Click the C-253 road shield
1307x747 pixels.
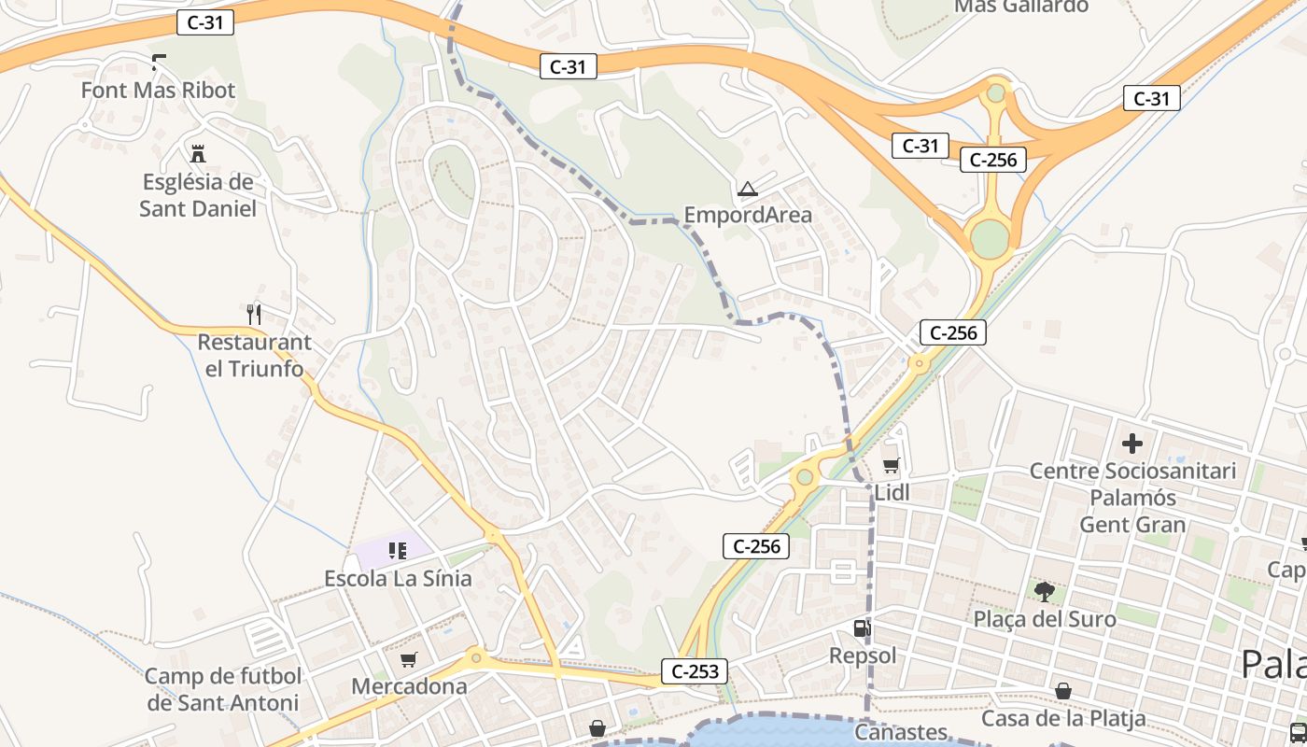pyautogui.click(x=693, y=670)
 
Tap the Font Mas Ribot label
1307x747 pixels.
pyautogui.click(x=158, y=91)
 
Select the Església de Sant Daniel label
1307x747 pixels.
pyautogui.click(x=197, y=194)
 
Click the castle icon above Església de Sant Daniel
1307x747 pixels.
pyautogui.click(x=197, y=153)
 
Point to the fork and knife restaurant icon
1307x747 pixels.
pyautogui.click(x=254, y=314)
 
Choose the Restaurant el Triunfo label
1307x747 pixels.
pyautogui.click(x=254, y=355)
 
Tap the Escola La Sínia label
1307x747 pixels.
pyautogui.click(x=398, y=578)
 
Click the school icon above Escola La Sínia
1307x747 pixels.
pyautogui.click(x=398, y=550)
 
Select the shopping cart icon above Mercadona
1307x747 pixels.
pyautogui.click(x=408, y=660)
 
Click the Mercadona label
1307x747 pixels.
pyautogui.click(x=409, y=686)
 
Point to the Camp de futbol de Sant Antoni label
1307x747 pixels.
pyautogui.click(x=223, y=689)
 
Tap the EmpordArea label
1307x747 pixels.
pyautogui.click(x=748, y=215)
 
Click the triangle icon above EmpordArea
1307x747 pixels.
pyautogui.click(x=747, y=190)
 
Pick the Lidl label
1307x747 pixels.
pyautogui.click(x=892, y=492)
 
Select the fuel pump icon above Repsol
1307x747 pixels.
pyautogui.click(x=863, y=628)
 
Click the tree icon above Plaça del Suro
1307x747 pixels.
pyautogui.click(x=1045, y=591)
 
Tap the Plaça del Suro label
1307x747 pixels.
pyautogui.click(x=1045, y=618)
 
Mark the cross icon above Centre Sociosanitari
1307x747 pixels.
pyautogui.click(x=1132, y=443)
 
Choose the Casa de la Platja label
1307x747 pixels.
pyautogui.click(x=1063, y=718)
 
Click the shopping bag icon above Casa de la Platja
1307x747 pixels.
pyautogui.click(x=1063, y=691)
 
